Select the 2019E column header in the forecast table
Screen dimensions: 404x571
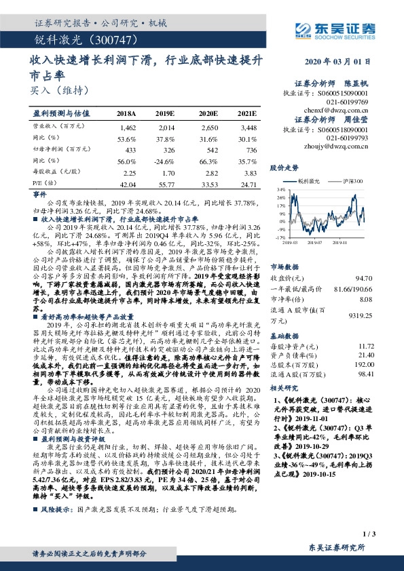[x=165, y=114]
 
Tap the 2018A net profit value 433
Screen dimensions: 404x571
[x=128, y=148]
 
